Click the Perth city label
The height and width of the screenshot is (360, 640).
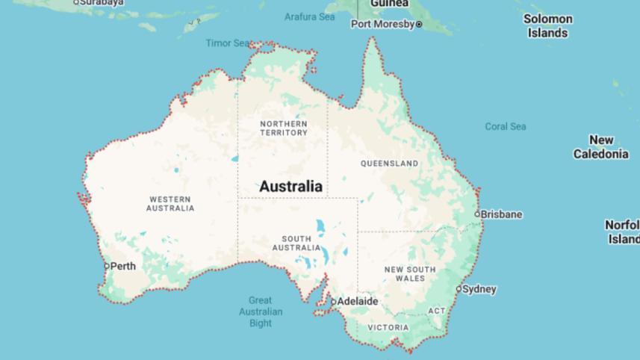(123, 267)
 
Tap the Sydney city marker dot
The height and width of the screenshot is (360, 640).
(459, 289)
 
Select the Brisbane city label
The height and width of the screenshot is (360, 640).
(502, 214)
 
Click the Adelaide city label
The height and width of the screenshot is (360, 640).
(358, 302)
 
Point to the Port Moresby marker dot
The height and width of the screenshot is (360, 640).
(419, 25)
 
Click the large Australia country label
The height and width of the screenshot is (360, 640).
(291, 186)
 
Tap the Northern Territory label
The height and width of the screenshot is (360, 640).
(284, 128)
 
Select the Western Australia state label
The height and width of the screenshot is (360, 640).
(170, 204)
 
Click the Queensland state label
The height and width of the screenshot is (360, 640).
(389, 163)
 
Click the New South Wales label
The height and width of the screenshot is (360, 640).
(410, 273)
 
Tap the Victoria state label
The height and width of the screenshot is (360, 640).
(388, 327)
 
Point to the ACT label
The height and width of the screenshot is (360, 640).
(436, 311)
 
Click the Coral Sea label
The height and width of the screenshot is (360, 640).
(506, 126)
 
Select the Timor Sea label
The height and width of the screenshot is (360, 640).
(227, 43)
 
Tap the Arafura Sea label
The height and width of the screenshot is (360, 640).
(309, 16)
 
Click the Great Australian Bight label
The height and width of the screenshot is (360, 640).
(261, 311)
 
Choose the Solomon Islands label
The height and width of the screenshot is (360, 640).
(547, 26)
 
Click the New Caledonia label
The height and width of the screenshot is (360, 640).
(601, 147)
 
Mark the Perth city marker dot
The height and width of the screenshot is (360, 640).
(107, 266)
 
